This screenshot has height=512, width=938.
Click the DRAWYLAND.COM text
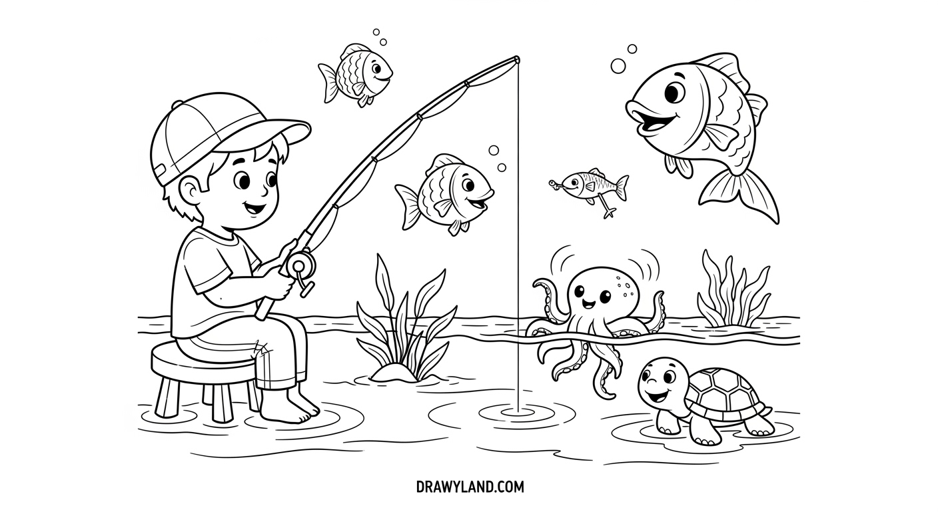(470, 487)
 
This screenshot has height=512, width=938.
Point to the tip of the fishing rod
(518, 59)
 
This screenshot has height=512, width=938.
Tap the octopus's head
(600, 290)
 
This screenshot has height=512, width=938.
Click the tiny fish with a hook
(590, 187)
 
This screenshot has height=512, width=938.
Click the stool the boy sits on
(205, 377)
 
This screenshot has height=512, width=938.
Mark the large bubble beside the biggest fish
(618, 66)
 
